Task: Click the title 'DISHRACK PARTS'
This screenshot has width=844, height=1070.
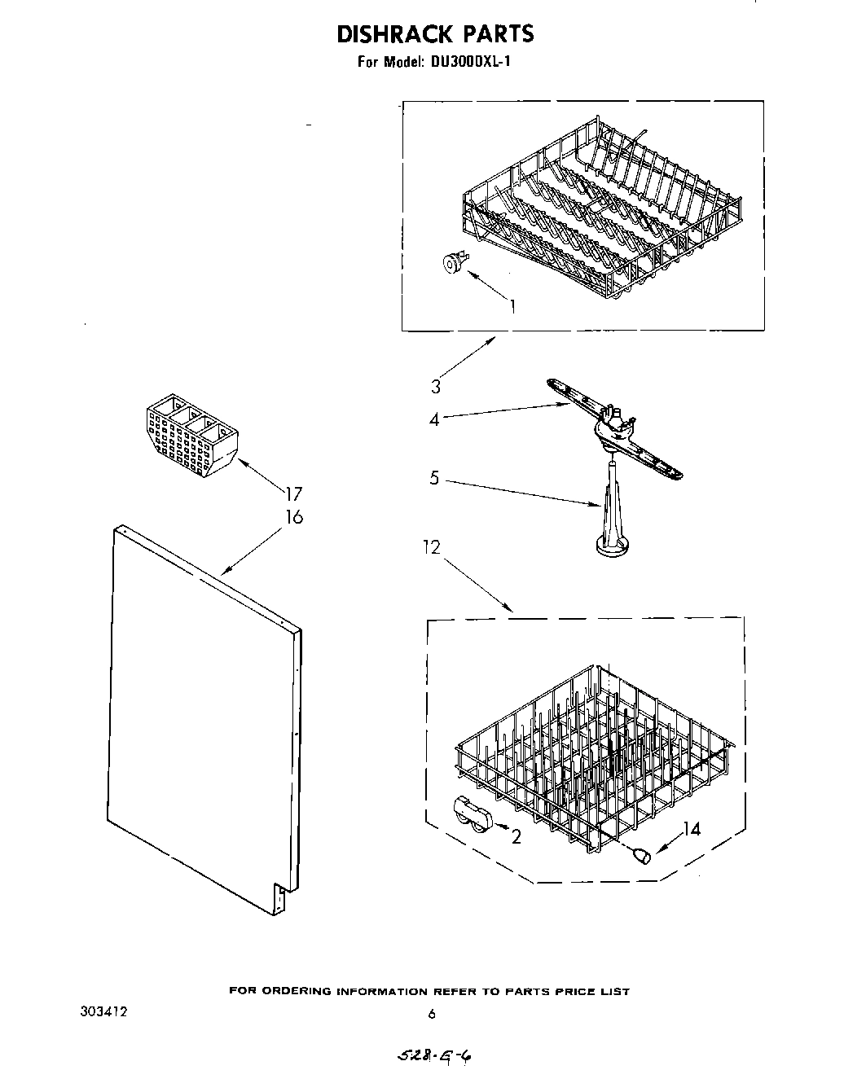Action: tap(435, 34)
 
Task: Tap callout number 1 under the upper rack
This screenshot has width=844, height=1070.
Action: tap(513, 306)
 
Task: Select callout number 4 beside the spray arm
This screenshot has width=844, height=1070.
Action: tap(434, 419)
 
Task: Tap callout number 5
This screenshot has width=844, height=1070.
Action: tap(434, 478)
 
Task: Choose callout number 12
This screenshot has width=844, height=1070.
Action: tap(431, 548)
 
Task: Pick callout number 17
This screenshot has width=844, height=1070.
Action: tap(293, 493)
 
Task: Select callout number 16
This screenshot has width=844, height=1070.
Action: tap(293, 516)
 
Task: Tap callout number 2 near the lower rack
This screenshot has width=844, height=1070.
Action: tap(516, 836)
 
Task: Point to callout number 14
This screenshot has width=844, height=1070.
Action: tap(691, 830)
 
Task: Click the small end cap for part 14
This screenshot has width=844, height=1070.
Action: tap(641, 855)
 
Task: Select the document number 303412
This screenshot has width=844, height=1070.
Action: tap(103, 1012)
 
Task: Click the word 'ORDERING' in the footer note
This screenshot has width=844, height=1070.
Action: tap(301, 991)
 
